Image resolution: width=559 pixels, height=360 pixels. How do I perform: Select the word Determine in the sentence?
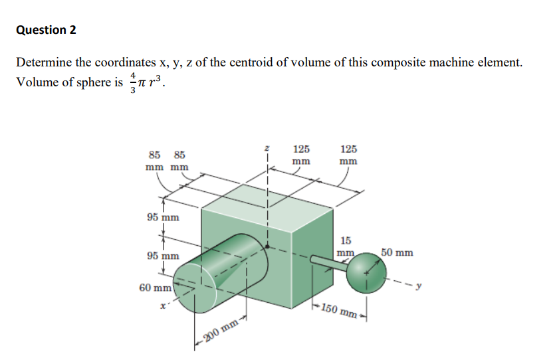(x=44, y=63)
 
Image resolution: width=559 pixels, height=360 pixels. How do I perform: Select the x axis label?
(x=162, y=306)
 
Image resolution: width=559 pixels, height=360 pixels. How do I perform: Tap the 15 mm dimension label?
(x=346, y=246)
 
